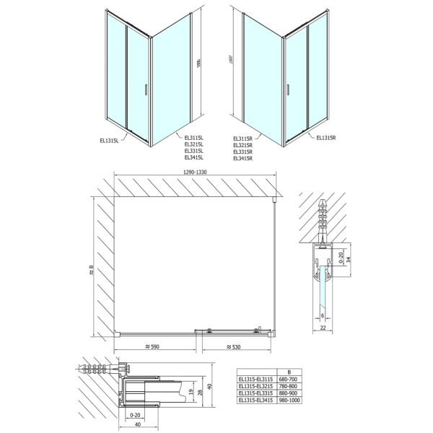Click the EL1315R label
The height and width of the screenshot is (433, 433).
327,135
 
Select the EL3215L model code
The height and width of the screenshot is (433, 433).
195,144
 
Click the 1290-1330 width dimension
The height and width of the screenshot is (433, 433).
196,172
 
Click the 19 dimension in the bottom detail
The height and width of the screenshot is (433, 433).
188,394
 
